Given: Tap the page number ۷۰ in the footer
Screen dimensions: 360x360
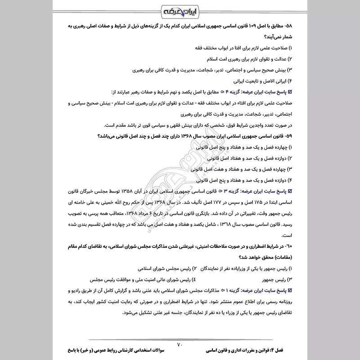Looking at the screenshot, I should [180, 345].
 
